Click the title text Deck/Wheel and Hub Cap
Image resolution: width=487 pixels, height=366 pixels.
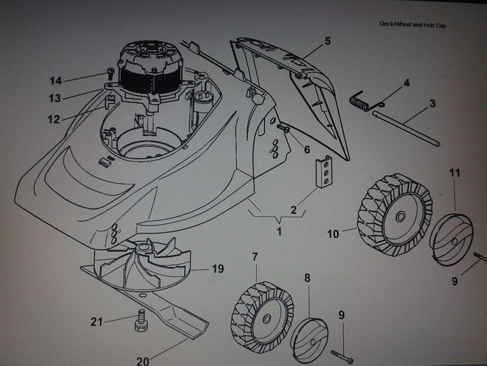pyautogui.click(x=412, y=24)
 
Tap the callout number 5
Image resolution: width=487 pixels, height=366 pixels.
pyautogui.click(x=327, y=41)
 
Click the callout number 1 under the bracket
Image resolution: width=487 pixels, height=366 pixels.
pyautogui.click(x=279, y=232)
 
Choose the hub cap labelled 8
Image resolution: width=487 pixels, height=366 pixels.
pyautogui.click(x=310, y=335)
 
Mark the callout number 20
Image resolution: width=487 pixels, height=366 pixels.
pyautogui.click(x=143, y=361)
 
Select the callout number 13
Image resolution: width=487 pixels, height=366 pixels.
pyautogui.click(x=54, y=98)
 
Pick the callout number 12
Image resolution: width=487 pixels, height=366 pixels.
pyautogui.click(x=53, y=119)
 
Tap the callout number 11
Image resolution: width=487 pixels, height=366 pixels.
pyautogui.click(x=455, y=173)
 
